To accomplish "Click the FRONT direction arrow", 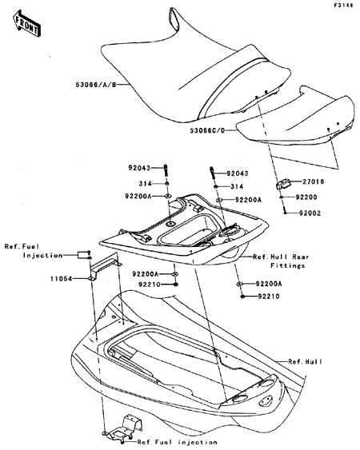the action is tap(26, 23).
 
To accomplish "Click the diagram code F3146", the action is tap(343, 5).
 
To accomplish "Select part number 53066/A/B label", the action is tap(96, 85).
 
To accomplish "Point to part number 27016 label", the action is tap(313, 181).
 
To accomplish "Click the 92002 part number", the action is tap(310, 213).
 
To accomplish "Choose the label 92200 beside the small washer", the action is tap(306, 197).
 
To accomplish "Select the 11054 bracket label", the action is tap(61, 279).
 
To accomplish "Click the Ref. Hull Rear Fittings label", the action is tap(281, 261).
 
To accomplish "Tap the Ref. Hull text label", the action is tap(305, 362).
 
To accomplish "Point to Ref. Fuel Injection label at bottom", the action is tap(177, 442).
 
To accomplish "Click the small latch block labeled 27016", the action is tap(283, 184).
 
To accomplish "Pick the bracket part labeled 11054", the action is tap(105, 267).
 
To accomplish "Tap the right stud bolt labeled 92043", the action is tap(213, 173).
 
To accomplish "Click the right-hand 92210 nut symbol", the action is tap(242, 296).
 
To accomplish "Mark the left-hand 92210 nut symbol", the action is tap(175, 284).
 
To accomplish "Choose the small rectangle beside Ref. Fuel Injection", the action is tap(82, 254).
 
